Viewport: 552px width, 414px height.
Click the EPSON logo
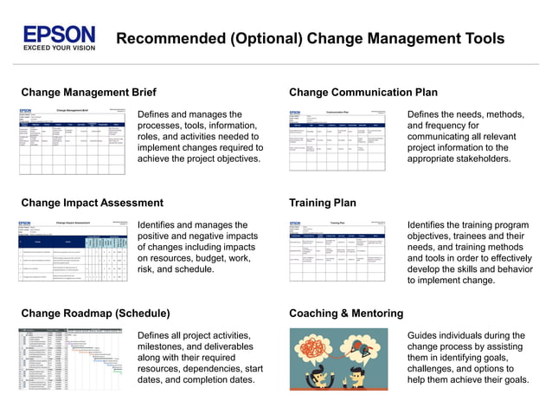60,34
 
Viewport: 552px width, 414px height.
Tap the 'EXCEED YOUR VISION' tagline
60,49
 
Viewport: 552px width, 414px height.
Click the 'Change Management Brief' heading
88,92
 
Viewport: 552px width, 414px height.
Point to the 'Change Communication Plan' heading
363,92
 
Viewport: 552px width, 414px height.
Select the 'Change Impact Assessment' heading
92,203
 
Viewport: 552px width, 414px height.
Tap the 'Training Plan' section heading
322,203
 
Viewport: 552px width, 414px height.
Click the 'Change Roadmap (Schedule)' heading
95,313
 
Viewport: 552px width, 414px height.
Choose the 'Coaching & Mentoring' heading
345,313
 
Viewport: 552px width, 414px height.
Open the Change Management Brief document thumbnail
74,140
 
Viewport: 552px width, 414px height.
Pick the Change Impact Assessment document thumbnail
74,251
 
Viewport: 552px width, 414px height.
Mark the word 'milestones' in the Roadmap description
167,348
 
